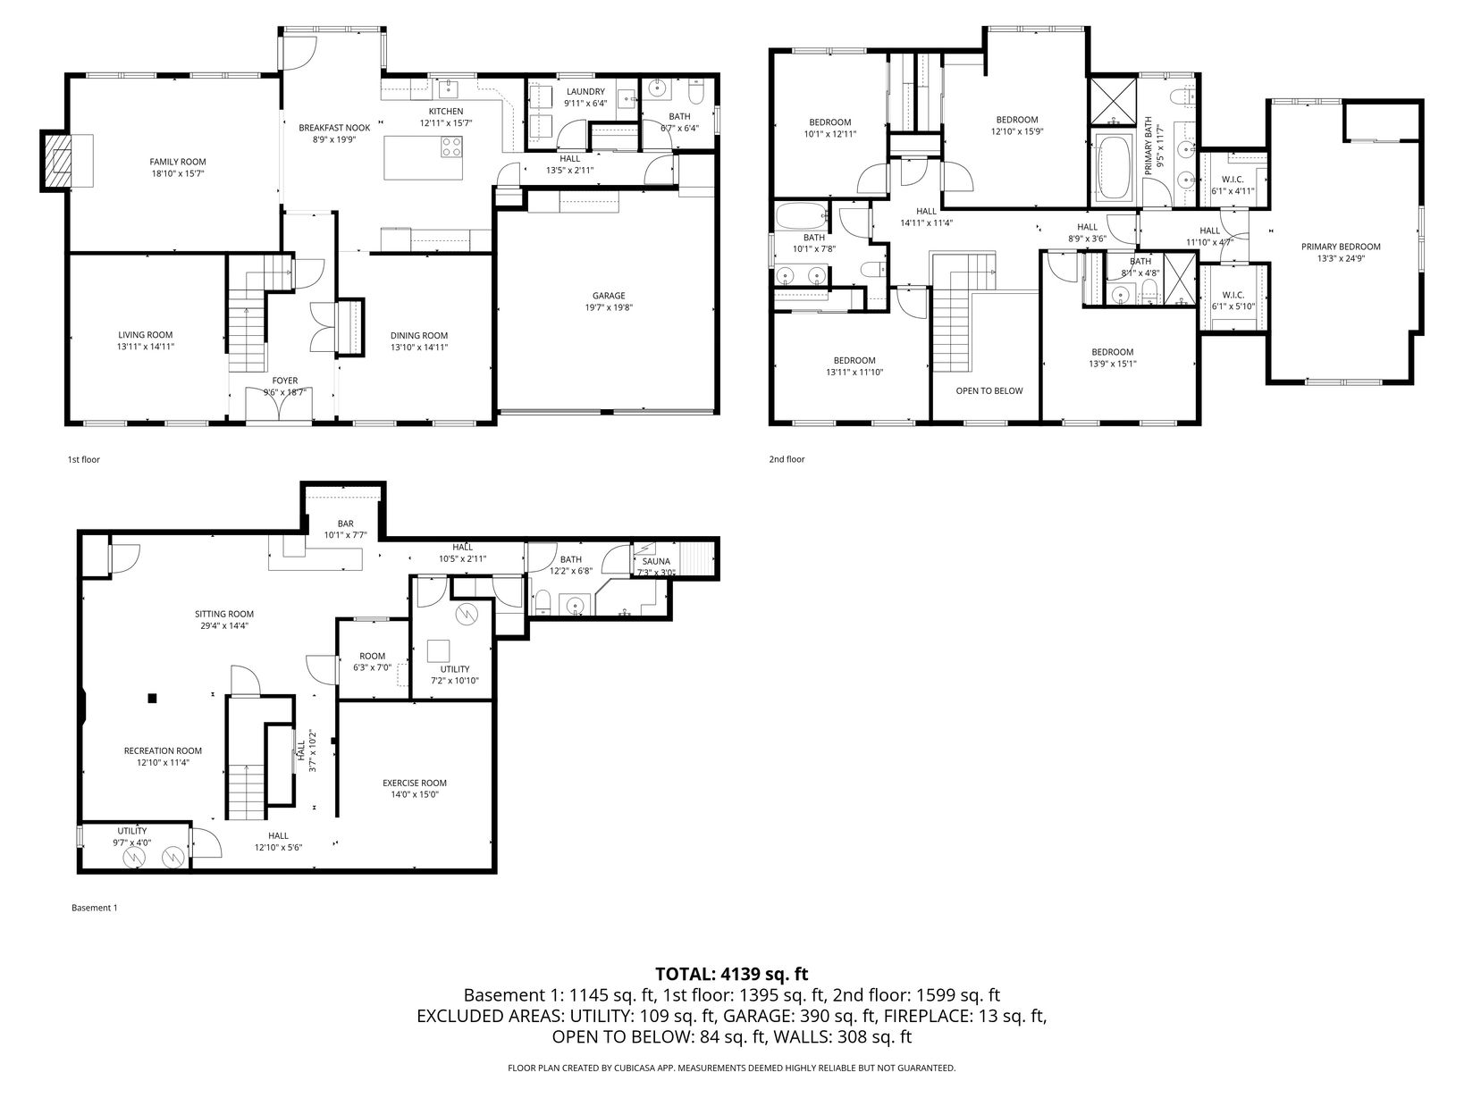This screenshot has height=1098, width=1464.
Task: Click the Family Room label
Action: click(x=178, y=162)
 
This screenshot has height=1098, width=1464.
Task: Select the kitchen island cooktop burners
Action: click(x=451, y=147)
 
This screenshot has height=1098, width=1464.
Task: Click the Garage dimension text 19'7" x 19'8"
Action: click(x=609, y=307)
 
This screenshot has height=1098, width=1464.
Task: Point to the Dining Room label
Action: click(x=419, y=335)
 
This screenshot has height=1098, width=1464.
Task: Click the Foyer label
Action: click(x=285, y=381)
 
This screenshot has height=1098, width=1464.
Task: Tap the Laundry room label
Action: click(x=585, y=91)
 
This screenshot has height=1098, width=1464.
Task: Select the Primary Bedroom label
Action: click(x=1341, y=247)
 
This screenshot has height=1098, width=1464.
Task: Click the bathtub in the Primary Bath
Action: click(x=1114, y=167)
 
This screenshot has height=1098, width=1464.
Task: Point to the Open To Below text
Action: click(x=989, y=390)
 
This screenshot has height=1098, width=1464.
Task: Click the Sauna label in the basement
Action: click(x=656, y=561)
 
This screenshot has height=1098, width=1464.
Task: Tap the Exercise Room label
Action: click(x=414, y=783)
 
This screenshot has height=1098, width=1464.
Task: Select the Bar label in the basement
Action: click(x=346, y=524)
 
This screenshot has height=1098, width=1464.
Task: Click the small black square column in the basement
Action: click(x=152, y=698)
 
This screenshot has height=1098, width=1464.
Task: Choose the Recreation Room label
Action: click(x=163, y=750)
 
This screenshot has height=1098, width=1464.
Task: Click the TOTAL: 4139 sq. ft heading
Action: click(x=732, y=974)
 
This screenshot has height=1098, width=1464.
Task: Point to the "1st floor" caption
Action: click(x=83, y=459)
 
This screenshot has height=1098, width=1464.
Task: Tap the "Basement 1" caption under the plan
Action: click(x=94, y=908)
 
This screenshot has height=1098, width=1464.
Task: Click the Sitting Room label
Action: click(x=224, y=614)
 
